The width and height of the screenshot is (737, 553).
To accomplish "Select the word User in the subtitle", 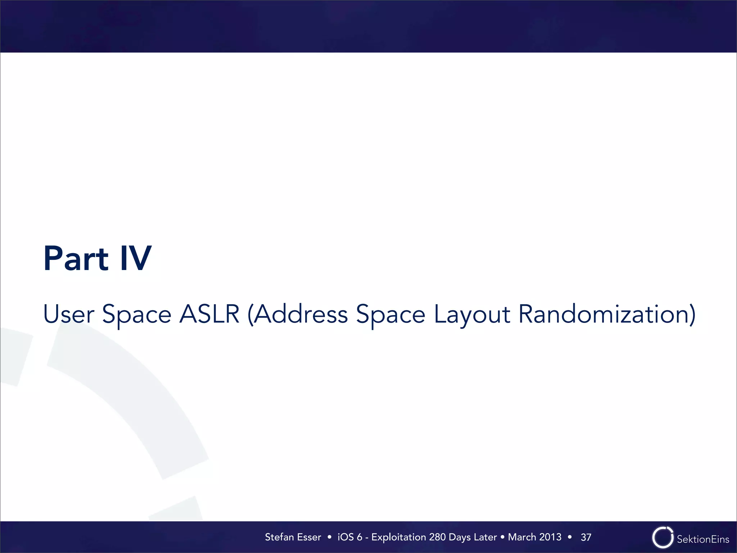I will (68, 314).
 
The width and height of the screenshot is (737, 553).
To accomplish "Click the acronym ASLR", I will (209, 314).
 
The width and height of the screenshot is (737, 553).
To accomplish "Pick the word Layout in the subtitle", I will (472, 314).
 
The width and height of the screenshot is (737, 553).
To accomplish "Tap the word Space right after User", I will (137, 314).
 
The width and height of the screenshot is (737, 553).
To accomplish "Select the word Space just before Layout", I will (390, 314).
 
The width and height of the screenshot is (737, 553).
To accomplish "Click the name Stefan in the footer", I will (280, 537).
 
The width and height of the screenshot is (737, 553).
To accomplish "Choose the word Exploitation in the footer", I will (399, 537).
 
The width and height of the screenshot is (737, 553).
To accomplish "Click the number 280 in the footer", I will (438, 537).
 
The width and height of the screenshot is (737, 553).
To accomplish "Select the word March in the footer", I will (522, 537).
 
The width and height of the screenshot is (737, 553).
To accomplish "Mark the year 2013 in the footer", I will (550, 537).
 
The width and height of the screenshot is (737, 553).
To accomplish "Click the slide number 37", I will (586, 538).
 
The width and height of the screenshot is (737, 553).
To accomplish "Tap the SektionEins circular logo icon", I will (663, 538).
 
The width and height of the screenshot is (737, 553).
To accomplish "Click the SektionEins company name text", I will (703, 539).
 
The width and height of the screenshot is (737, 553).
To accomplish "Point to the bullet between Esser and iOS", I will (329, 537).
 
